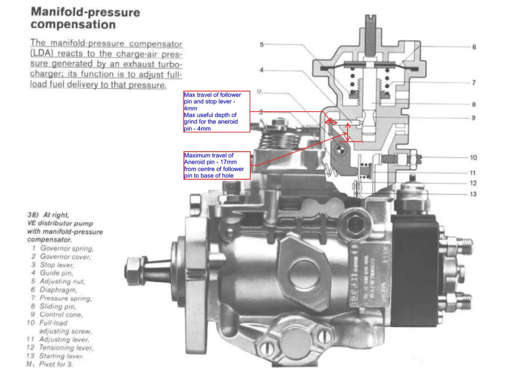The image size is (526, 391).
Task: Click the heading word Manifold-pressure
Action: [85, 12]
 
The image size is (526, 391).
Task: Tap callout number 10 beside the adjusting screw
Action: [473, 157]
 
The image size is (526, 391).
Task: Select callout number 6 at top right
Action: [474, 47]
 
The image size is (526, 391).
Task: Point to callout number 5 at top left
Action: [262, 44]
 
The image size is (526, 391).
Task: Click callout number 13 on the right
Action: [473, 194]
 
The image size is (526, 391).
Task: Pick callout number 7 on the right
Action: [474, 83]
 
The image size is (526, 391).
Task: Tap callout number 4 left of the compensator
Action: [261, 70]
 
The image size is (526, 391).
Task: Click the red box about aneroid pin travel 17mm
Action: [217, 165]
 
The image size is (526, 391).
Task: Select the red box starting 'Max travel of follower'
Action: [217, 112]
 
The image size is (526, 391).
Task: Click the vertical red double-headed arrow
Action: [348, 132]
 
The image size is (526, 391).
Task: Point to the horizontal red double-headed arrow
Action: [331, 122]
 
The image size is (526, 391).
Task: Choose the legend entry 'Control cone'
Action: [61, 314]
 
